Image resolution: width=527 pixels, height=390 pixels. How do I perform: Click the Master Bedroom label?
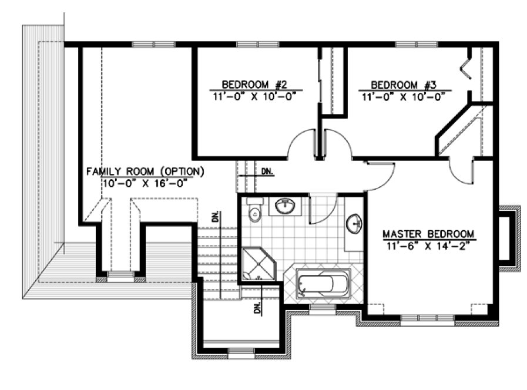[428, 233]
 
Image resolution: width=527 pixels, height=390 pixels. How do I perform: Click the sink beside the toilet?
[285, 206]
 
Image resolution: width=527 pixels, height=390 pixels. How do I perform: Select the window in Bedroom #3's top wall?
[415, 45]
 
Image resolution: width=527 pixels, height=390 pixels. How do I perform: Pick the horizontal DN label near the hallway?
[267, 172]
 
